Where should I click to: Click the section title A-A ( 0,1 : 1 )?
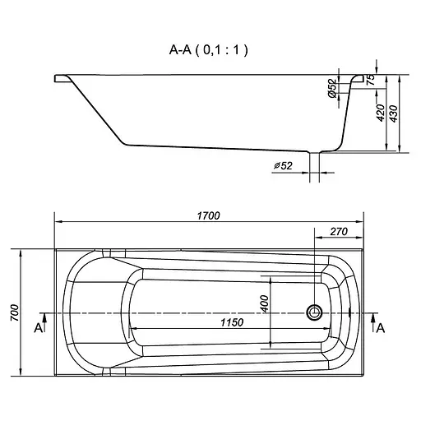point(209,50)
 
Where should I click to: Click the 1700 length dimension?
point(209,216)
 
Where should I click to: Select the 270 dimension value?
point(339,232)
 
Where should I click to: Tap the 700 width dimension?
point(15,312)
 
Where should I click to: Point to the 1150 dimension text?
point(232,322)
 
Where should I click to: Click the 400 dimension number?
point(265,303)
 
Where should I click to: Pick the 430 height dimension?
point(393,113)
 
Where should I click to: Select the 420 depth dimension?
point(381,113)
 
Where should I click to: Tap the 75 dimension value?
point(371,80)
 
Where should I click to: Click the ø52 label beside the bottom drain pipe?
point(283,165)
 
